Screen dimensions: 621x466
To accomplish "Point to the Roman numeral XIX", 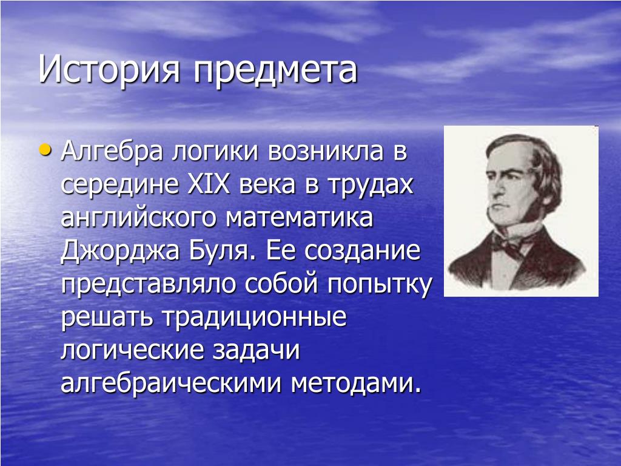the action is coord(208,184).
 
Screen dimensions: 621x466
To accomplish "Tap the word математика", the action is coord(299,218).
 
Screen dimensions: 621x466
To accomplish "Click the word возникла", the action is coord(326,152).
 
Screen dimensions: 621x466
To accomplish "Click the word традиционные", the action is coord(254,318).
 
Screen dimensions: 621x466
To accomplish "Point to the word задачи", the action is coord(256,350).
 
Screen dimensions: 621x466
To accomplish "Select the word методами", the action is coord(355,384).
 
